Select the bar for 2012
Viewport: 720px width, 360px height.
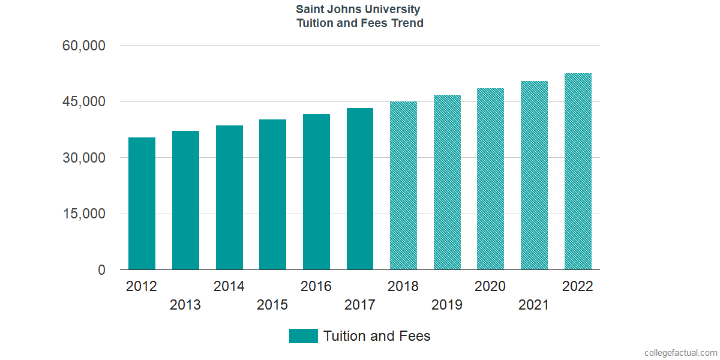pos(142,203)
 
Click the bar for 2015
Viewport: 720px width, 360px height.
pos(272,194)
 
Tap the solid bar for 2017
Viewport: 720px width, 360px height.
pos(360,189)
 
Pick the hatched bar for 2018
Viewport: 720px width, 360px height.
pos(403,185)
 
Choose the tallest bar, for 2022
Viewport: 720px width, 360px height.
pos(578,172)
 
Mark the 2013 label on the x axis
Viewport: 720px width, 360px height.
pos(185,305)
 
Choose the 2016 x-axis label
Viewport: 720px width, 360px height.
pos(316,286)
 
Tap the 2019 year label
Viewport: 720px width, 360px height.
pos(447,305)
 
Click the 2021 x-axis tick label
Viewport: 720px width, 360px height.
pos(534,305)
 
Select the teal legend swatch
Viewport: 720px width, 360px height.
pos(303,336)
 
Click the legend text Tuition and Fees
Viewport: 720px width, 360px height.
pos(377,336)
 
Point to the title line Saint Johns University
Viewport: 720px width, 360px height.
pos(358,10)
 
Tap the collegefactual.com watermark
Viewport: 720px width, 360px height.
pos(680,353)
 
